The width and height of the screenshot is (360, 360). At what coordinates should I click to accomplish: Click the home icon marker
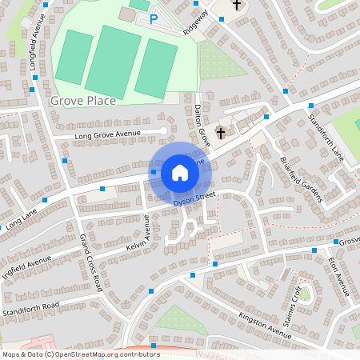(180, 173)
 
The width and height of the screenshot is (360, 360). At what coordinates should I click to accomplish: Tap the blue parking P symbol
(154, 18)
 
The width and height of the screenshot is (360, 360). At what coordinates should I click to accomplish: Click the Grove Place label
(82, 101)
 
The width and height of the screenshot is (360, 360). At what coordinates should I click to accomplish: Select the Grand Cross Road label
(90, 262)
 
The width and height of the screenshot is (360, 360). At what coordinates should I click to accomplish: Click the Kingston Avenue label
(265, 324)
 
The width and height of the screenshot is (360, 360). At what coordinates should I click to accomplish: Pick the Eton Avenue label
(339, 271)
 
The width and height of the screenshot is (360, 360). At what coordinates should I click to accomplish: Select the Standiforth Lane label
(326, 137)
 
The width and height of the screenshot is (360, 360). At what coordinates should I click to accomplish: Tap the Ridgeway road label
(196, 24)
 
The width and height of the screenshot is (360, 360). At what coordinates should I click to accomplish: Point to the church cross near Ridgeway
(237, 6)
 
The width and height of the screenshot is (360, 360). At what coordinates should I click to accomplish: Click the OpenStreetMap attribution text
(80, 354)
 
